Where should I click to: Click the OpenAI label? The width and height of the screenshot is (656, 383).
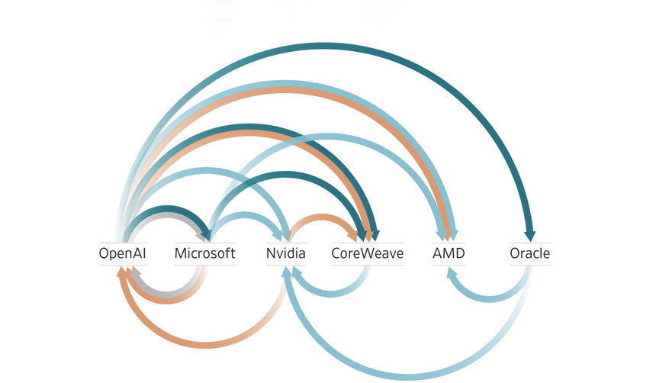pos(122,253)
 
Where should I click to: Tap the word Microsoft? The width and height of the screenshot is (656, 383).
pos(204,253)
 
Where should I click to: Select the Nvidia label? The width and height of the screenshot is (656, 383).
pos(286,253)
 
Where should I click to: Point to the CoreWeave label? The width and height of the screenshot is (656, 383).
pos(367,253)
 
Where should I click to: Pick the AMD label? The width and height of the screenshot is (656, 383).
pos(448,253)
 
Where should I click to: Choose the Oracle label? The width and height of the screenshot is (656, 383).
pos(529,253)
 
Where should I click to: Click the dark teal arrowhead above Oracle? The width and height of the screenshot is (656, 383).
pos(529,236)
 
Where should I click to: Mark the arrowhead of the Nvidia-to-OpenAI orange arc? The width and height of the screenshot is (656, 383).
pos(123,272)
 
